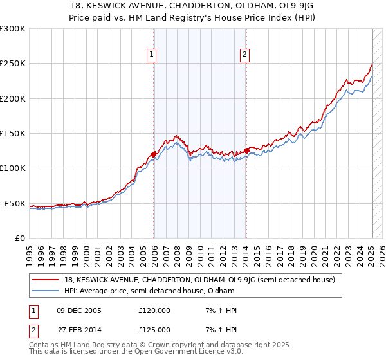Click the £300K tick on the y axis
(x=13, y=29)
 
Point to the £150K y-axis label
(x=13, y=134)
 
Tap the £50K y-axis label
(x=15, y=203)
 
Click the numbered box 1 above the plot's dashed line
(x=151, y=55)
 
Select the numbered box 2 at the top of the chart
(x=245, y=55)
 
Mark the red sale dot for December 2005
(x=154, y=154)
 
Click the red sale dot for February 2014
(x=246, y=150)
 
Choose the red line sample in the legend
(x=46, y=280)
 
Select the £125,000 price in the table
(x=154, y=330)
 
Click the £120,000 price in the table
(x=154, y=310)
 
